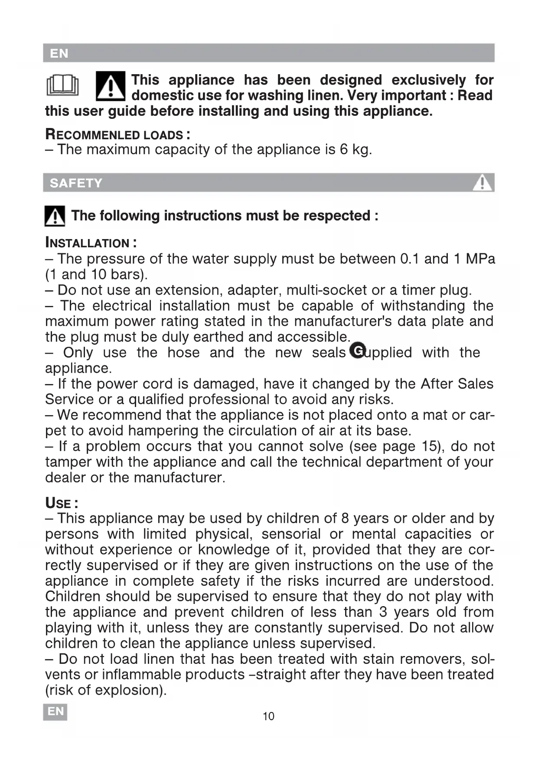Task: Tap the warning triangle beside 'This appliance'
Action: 111,86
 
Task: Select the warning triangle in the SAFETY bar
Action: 482,183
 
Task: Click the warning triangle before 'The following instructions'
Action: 55,216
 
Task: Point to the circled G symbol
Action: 358,350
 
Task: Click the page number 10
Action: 268,716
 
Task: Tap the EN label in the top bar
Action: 59,53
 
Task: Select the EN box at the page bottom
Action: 55,712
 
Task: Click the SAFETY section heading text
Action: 76,183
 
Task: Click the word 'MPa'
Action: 480,259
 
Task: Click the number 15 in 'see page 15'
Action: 430,446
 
